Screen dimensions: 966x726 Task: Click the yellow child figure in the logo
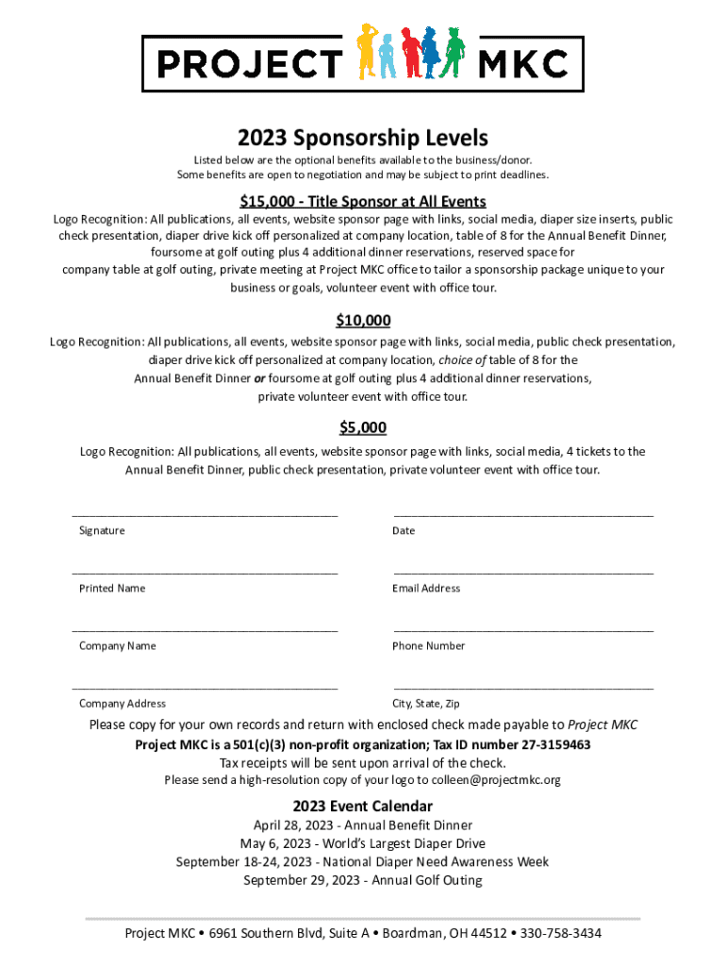coord(367,52)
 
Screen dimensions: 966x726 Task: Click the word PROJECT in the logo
coord(248,64)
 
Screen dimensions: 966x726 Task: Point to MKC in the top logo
coord(524,64)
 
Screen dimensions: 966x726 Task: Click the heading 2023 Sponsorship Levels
coord(363,139)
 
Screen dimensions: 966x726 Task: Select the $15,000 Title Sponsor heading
coord(363,201)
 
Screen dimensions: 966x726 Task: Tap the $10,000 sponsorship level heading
coord(363,320)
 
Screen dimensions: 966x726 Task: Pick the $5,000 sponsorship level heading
coord(363,427)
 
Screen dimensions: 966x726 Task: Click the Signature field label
coord(102,531)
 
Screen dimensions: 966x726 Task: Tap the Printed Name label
coord(112,589)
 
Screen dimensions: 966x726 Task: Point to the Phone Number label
coord(428,646)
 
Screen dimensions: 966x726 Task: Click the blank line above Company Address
coord(206,689)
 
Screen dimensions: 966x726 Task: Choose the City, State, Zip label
coord(426,704)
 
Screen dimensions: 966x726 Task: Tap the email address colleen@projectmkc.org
coord(496,780)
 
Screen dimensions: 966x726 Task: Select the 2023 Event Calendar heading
coord(363,806)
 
